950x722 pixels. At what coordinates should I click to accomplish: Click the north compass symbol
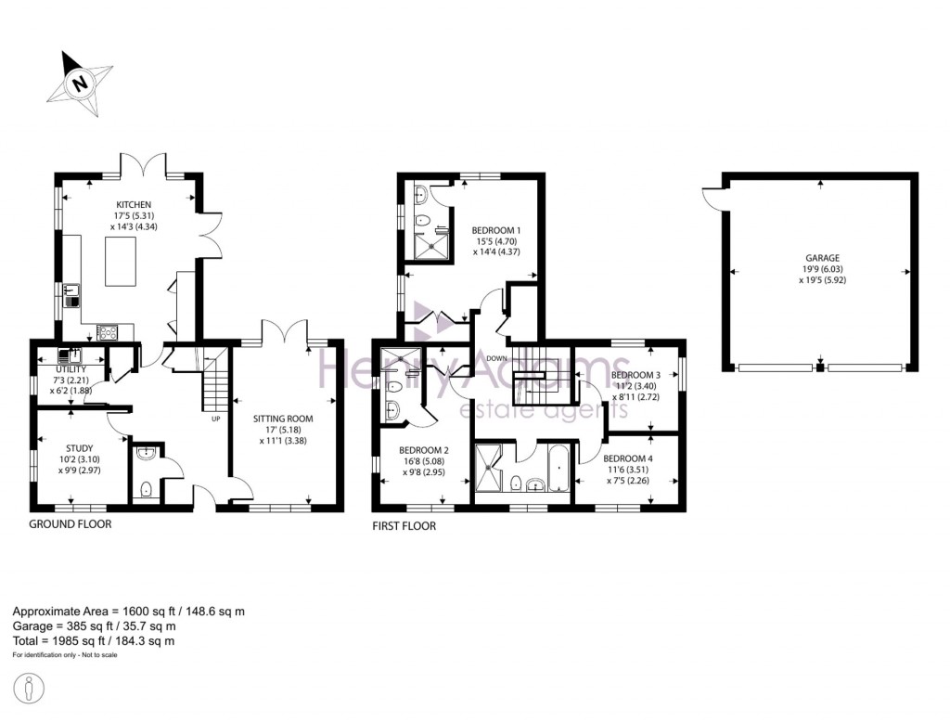point(81,83)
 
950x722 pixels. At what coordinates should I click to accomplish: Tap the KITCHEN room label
point(134,205)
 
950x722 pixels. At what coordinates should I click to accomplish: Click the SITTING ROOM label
point(284,419)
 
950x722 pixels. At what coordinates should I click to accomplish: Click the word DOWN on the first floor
point(496,358)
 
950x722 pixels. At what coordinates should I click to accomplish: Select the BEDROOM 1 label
point(496,230)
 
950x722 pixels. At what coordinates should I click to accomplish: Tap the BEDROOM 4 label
point(628,458)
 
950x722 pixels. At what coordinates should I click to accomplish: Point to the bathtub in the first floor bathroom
point(559,468)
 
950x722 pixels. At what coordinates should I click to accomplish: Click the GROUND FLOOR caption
point(71,524)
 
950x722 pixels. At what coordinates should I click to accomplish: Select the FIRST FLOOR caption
point(404,525)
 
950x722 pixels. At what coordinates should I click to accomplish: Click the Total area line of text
point(93,641)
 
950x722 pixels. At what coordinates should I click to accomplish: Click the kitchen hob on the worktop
point(108,331)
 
